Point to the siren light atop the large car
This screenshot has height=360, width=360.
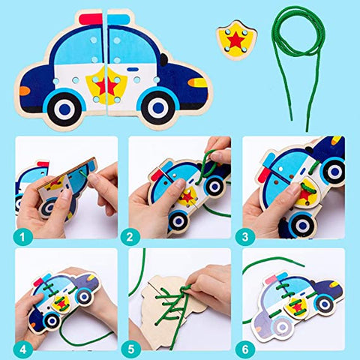tap(105, 19)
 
